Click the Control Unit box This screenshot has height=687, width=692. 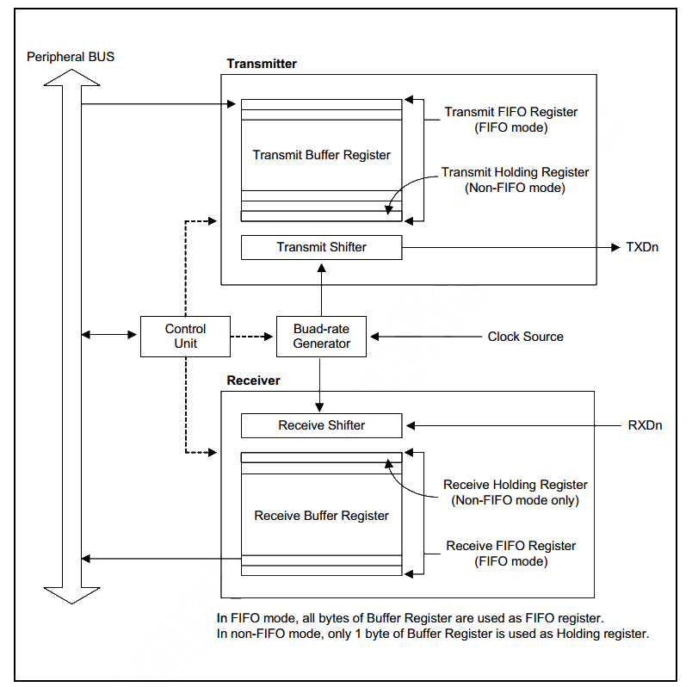[186, 336]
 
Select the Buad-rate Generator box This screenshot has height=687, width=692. [321, 336]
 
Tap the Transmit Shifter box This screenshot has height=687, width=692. [321, 247]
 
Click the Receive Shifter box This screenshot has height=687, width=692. [321, 425]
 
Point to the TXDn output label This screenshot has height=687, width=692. [641, 247]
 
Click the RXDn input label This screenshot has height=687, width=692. [645, 425]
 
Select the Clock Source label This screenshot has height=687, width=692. [525, 337]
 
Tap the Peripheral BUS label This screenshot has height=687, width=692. [71, 57]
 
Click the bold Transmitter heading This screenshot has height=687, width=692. [262, 64]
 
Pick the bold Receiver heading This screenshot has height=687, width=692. [253, 381]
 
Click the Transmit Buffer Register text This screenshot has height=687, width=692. [321, 155]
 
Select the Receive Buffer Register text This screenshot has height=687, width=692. [321, 516]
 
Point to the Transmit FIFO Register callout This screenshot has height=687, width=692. [510, 120]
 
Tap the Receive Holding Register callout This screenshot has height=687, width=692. [515, 492]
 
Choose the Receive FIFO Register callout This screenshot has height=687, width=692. [510, 554]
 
